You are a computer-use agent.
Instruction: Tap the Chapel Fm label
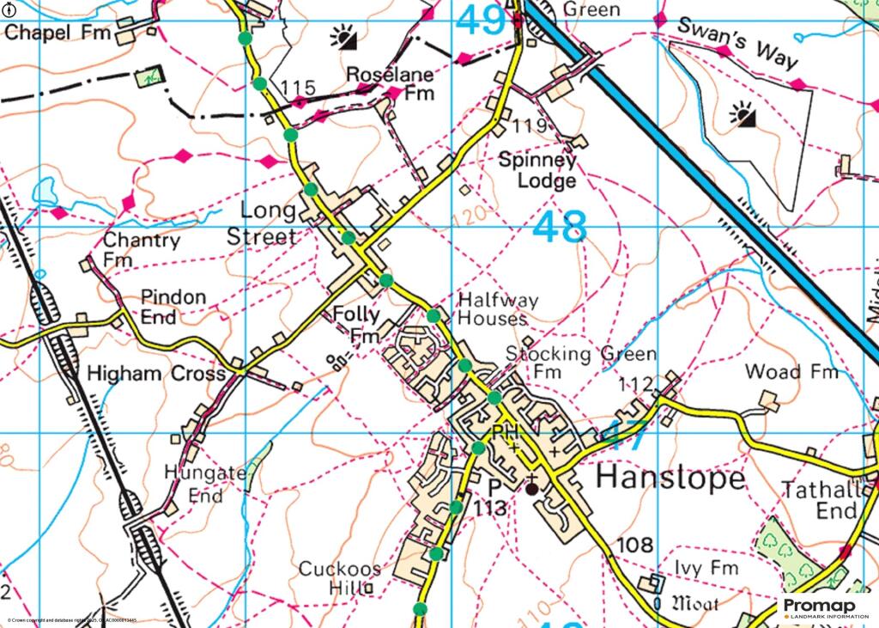point(58,34)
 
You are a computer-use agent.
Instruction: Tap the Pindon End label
point(173,307)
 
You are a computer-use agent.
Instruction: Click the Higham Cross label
point(156,375)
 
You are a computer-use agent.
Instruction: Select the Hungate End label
point(194,484)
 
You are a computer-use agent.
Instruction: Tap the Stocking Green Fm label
point(580,363)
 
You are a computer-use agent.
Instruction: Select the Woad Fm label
point(791,372)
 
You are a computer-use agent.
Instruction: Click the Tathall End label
point(821,500)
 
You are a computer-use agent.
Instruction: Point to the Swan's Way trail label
point(737,44)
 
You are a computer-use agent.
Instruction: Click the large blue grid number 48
point(560,229)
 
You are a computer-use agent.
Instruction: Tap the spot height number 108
point(635,545)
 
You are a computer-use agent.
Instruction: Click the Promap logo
point(827,608)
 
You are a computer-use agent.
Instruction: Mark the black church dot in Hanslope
point(532,489)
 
